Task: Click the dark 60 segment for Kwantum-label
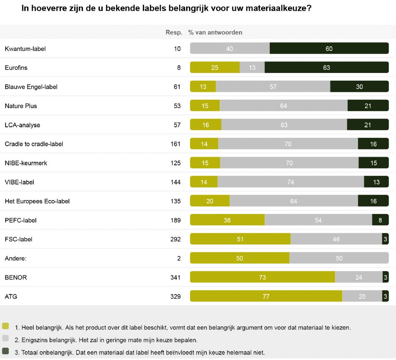329,49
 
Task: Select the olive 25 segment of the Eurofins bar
215,68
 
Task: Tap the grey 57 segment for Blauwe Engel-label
273,87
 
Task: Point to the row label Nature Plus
21,106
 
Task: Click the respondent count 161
176,144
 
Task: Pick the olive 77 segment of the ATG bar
266,297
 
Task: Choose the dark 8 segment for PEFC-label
380,220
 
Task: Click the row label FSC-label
19,239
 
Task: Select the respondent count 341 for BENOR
176,278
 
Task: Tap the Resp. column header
174,32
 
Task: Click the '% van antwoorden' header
215,32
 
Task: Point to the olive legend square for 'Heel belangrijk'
5,326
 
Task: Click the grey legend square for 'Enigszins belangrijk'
5,338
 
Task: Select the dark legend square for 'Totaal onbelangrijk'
5,351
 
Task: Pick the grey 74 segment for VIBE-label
290,182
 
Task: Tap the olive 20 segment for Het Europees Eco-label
210,201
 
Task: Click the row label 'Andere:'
15,258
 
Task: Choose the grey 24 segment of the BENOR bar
358,278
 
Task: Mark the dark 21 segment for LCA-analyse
367,125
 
